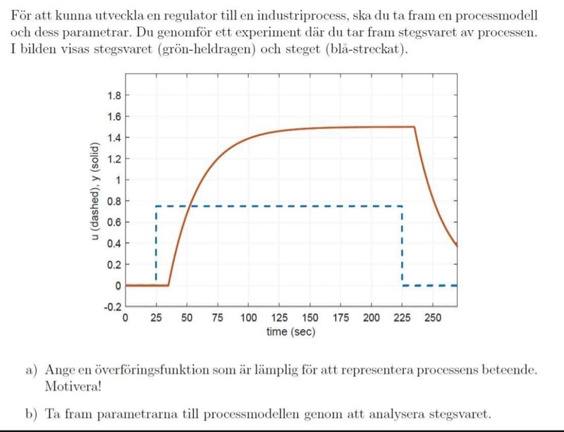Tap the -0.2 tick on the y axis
coord(111,307)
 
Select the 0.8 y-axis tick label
coord(114,202)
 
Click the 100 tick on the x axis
coord(249,319)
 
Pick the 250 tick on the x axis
coord(433,319)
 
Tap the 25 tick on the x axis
coord(156,319)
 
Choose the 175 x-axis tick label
coord(341,319)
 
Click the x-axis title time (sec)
coord(290,332)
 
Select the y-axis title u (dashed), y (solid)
coord(94,192)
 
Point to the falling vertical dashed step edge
coord(402,243)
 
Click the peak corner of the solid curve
coord(413,127)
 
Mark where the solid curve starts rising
coord(168,285)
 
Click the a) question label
coord(31,370)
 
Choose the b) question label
coord(31,414)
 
